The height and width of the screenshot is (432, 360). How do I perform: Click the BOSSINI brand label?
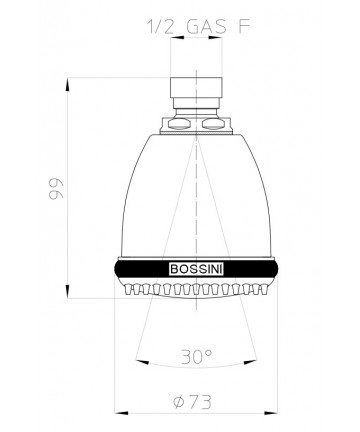pos(196,269)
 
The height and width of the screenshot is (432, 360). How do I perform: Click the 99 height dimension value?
pos(56,190)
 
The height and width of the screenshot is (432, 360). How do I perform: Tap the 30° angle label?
pos(197,357)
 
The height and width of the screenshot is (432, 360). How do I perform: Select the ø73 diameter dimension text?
pos(193,402)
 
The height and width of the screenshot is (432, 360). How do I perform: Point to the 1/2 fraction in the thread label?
pos(160,27)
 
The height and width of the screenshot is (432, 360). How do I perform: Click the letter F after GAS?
pos(244,27)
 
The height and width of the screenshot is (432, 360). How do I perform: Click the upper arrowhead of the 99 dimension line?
pos(68,84)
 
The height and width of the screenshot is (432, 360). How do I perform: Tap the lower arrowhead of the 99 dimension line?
pos(68,291)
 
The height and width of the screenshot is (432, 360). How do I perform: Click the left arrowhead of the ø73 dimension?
pos(121,413)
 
